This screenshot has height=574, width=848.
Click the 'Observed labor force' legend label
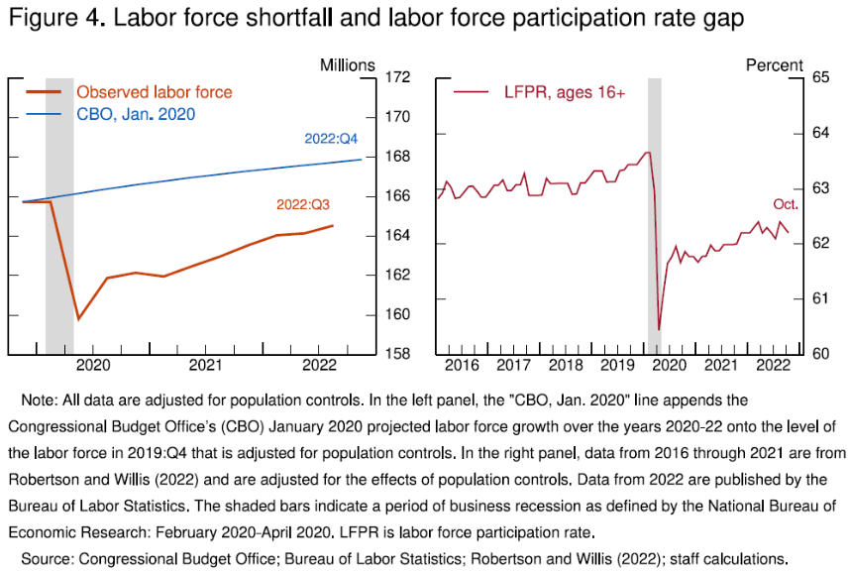[x=154, y=92]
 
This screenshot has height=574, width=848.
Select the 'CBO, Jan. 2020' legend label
[x=136, y=114]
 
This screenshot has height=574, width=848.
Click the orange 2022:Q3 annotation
[x=303, y=205]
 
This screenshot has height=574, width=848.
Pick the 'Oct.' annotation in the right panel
[x=786, y=205]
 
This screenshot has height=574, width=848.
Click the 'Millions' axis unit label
[x=347, y=65]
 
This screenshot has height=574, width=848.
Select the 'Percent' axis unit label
[x=774, y=65]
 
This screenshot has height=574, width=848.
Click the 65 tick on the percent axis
[x=824, y=77]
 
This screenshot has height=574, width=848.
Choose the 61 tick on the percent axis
[x=824, y=298]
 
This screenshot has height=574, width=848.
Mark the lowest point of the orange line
[x=78, y=319]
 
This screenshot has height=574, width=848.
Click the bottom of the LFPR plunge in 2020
[x=659, y=329]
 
